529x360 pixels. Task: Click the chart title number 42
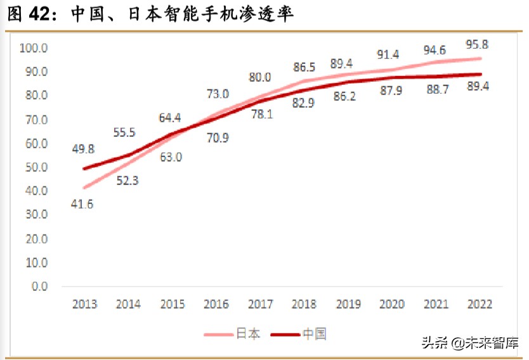42,14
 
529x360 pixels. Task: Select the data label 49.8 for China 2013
82,149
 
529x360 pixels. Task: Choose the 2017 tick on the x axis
260,304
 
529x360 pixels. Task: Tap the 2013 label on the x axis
84,304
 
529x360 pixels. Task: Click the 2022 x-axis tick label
480,304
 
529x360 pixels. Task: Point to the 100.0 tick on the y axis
35,48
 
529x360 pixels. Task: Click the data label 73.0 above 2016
217,94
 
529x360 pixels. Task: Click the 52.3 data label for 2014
127,181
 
